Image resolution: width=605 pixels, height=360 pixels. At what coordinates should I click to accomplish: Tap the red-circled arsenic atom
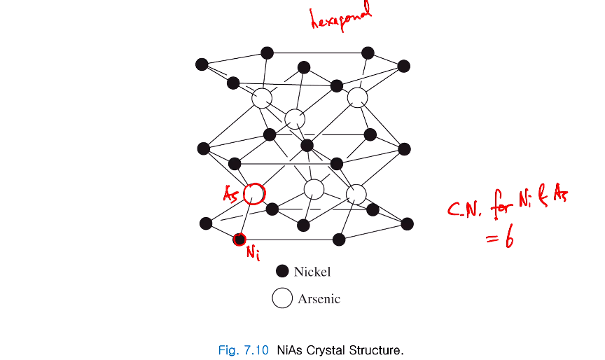coord(254,193)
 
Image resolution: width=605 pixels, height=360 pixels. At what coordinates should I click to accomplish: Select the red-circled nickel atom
coord(239,240)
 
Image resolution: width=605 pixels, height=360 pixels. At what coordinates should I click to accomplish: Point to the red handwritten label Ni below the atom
coord(252,254)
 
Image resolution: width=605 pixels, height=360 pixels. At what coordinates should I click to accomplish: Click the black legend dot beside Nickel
coord(283,271)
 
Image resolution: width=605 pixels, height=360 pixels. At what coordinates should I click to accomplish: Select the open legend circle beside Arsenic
coord(282,298)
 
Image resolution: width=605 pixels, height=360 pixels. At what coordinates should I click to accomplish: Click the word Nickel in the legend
coord(312,272)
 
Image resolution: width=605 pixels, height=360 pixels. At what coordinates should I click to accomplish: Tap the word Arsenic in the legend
coord(319,299)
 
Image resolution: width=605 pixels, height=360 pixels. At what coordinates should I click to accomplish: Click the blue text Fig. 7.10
coord(244,349)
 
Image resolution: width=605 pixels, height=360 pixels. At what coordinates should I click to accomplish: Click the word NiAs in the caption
coord(290,349)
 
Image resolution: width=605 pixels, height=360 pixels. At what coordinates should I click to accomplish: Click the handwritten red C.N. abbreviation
coord(466,209)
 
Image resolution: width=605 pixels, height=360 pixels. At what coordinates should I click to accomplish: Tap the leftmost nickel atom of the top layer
coord(202,64)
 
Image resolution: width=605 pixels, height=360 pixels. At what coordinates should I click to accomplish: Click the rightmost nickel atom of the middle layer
coord(404,149)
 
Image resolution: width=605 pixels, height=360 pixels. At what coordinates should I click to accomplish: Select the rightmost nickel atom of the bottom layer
coord(407,223)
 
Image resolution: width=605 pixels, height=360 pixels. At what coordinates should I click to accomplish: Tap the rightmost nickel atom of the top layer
coord(403,66)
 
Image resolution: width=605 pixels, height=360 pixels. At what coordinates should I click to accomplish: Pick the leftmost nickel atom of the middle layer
coord(204,148)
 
